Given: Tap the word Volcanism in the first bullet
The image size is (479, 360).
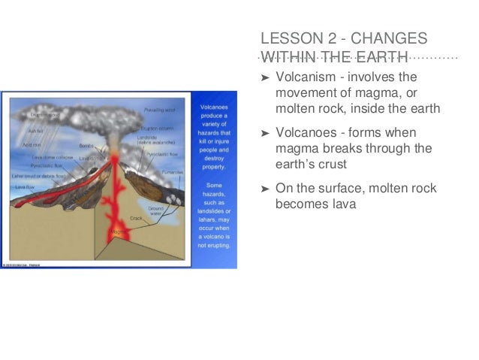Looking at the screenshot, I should tap(305, 77).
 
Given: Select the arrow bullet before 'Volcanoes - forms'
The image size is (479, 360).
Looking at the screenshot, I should tap(264, 133).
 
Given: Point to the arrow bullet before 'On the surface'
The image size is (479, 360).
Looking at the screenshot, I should tap(264, 188).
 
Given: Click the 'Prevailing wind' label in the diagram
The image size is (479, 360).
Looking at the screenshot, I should tap(159, 110).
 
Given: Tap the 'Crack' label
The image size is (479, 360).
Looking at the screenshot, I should tap(135, 218).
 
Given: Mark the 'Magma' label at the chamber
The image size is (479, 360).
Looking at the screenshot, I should tap(117, 231).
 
